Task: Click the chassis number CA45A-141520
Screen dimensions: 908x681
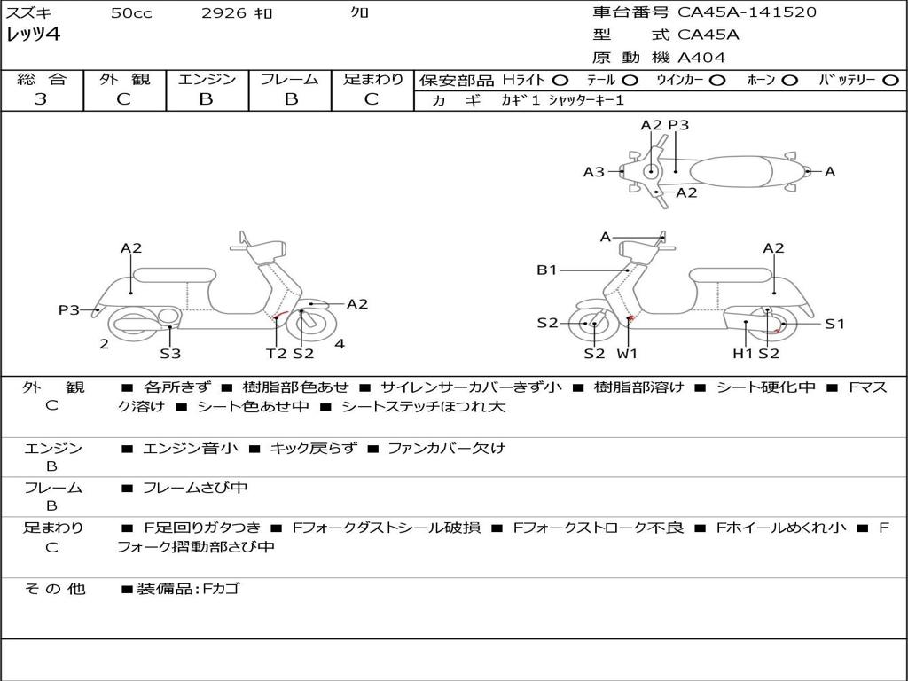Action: [x=747, y=12]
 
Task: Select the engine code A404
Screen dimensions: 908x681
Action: [x=701, y=58]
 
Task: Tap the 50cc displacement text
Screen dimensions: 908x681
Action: [x=131, y=13]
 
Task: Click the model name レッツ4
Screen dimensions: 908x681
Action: [x=33, y=35]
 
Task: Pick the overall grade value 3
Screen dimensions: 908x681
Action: [x=41, y=99]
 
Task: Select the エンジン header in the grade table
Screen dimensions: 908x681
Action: [x=207, y=79]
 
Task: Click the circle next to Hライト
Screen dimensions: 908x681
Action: [x=561, y=80]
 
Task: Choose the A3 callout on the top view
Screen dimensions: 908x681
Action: [x=593, y=172]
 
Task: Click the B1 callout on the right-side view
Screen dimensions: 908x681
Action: [x=546, y=270]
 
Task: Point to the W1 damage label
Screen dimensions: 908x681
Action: [x=628, y=354]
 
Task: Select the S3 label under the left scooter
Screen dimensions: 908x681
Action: [x=170, y=354]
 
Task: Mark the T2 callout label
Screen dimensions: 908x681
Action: [x=277, y=354]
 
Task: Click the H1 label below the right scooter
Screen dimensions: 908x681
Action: [x=742, y=354]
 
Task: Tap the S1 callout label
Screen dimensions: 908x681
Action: [x=835, y=324]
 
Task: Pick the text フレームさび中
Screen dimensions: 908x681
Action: [x=195, y=488]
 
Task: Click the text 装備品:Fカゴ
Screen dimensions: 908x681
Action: [x=188, y=589]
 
